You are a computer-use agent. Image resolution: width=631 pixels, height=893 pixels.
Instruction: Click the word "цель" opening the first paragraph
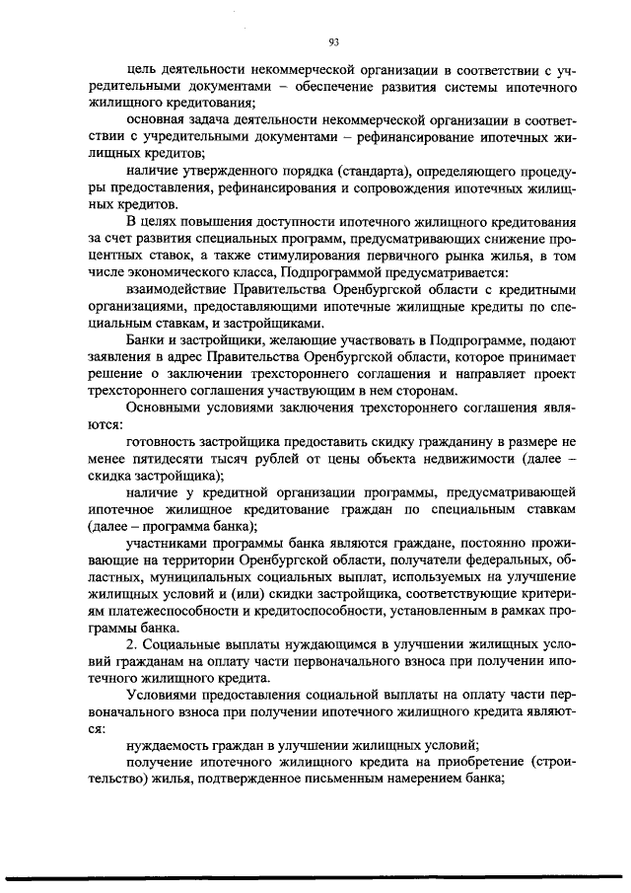(142, 71)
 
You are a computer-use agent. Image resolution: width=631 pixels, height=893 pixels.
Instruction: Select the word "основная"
(160, 121)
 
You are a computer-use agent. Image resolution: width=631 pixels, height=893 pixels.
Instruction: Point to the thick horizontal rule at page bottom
(315, 877)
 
